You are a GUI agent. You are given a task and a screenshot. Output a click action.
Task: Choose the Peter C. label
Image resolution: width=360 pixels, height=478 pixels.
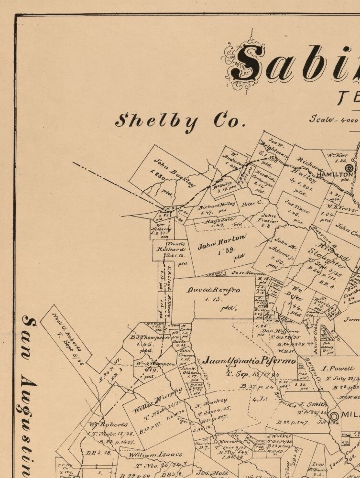[252, 203]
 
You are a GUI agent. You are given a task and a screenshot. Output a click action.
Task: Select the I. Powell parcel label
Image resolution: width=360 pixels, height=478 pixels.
[338, 369]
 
